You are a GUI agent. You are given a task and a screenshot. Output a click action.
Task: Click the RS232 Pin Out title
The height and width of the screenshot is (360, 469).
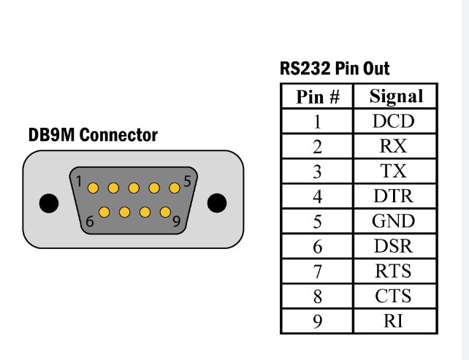click(335, 69)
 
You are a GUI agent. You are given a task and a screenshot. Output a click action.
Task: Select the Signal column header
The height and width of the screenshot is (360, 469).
click(396, 96)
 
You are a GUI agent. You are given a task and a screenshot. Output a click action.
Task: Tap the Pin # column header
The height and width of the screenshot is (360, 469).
click(317, 96)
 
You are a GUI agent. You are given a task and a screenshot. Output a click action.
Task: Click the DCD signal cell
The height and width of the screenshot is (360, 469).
click(396, 121)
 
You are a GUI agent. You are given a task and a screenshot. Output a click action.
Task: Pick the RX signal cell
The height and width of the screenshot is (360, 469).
click(396, 146)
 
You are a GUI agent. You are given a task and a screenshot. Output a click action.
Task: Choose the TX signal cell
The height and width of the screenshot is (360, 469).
click(396, 171)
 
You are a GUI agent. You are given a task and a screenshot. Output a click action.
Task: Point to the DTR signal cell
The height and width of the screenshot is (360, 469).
click(396, 196)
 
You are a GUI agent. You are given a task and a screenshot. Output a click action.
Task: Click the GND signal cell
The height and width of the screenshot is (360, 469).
click(396, 221)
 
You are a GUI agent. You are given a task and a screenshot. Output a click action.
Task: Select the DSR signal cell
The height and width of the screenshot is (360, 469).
click(396, 246)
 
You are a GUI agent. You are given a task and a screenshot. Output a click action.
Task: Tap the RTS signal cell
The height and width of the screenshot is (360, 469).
click(396, 272)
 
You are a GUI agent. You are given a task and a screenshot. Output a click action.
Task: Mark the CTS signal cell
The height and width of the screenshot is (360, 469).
click(396, 296)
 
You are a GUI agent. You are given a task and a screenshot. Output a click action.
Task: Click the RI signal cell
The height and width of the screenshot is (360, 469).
click(396, 321)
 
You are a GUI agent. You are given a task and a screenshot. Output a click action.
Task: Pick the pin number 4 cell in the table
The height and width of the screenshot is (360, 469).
click(317, 196)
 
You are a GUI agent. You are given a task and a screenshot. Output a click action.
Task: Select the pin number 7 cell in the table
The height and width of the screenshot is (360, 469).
click(317, 272)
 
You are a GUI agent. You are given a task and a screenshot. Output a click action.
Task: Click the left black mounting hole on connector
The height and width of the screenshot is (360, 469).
click(47, 202)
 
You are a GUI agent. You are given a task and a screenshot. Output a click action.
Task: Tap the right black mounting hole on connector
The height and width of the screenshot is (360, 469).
click(217, 202)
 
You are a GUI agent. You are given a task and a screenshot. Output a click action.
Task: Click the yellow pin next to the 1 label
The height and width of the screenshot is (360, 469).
click(94, 188)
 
